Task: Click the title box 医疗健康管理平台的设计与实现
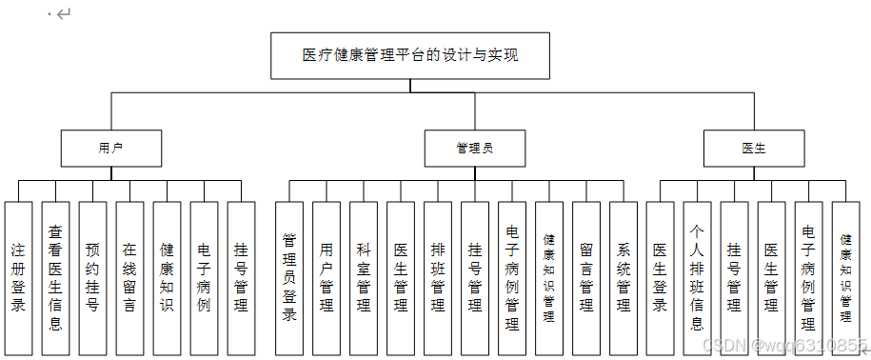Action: pyautogui.click(x=410, y=55)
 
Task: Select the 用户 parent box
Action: pyautogui.click(x=111, y=149)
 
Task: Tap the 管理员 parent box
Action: pyautogui.click(x=474, y=149)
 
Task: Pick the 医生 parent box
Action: pyautogui.click(x=754, y=149)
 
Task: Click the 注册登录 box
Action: pyautogui.click(x=18, y=278)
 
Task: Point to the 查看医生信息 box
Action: pyautogui.click(x=55, y=278)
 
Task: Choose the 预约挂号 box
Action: pyautogui.click(x=92, y=278)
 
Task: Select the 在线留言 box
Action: pyautogui.click(x=129, y=278)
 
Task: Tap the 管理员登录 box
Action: pyautogui.click(x=289, y=278)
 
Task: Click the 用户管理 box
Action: pyautogui.click(x=327, y=278)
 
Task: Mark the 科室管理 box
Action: pyautogui.click(x=364, y=278)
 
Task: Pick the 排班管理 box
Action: pyautogui.click(x=438, y=278)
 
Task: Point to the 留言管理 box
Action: pyautogui.click(x=586, y=278)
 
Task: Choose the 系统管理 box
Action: pyautogui.click(x=624, y=278)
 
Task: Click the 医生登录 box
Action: pyautogui.click(x=660, y=278)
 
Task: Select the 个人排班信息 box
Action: pyautogui.click(x=697, y=278)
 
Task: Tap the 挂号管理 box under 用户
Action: pyautogui.click(x=241, y=278)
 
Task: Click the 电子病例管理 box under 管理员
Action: pyautogui.click(x=512, y=278)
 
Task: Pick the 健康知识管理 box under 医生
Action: pyautogui.click(x=845, y=278)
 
